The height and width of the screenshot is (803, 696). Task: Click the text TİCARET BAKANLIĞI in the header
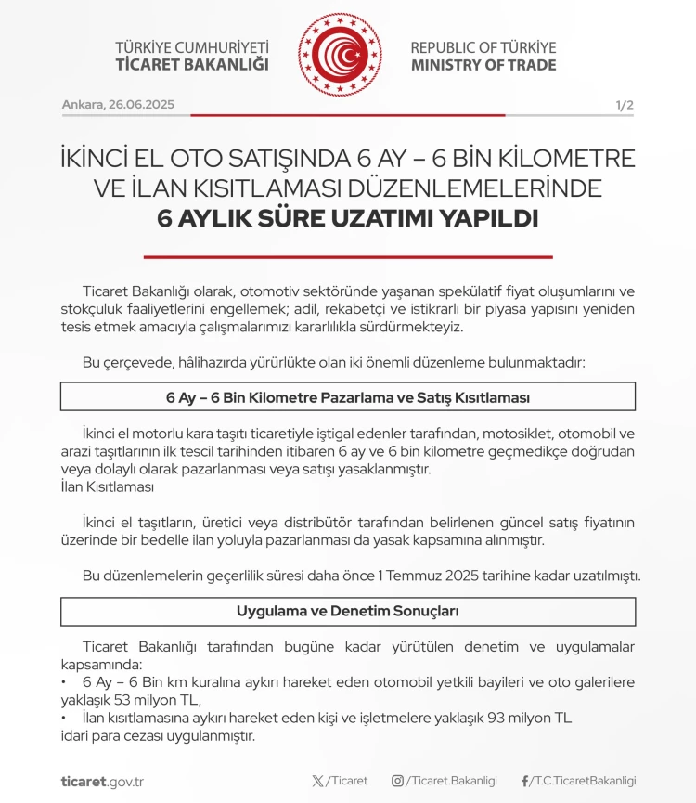(x=191, y=65)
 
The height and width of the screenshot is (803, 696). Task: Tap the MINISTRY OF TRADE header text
(x=483, y=65)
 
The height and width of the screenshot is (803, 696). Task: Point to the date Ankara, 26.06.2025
(x=118, y=105)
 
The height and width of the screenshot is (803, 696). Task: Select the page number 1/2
(x=624, y=105)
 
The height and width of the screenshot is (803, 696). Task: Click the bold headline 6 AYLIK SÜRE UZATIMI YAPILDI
(x=348, y=219)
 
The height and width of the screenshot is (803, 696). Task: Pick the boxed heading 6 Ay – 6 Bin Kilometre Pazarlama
(x=348, y=397)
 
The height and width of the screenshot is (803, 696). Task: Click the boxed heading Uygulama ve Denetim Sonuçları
(x=348, y=612)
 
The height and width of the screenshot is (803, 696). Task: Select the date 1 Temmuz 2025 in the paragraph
(x=429, y=576)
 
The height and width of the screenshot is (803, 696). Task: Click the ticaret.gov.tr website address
(x=102, y=781)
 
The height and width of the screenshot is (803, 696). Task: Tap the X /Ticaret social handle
(x=340, y=781)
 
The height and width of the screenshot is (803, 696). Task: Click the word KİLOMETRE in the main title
(x=556, y=158)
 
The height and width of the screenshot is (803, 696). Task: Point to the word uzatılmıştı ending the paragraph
(x=604, y=576)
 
